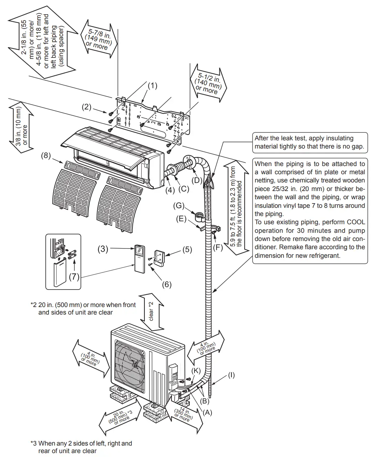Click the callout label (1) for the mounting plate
point(152,86)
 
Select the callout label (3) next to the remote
point(103,249)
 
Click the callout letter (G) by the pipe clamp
point(179,206)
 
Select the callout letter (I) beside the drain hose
point(231,375)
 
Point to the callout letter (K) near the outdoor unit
point(196,371)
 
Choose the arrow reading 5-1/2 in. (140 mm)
point(209,84)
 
